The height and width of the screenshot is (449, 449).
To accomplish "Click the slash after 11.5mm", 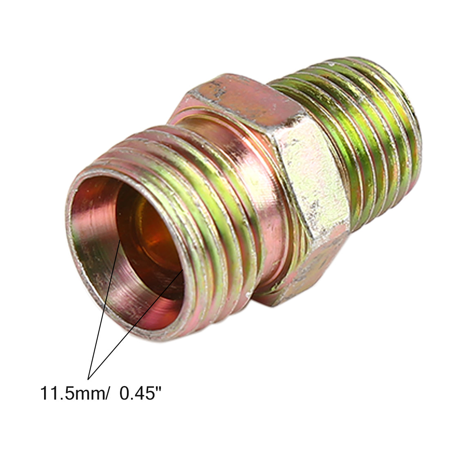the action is click(x=107, y=393).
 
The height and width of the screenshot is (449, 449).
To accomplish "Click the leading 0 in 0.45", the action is click(x=124, y=393).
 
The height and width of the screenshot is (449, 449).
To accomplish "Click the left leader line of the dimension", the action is click(x=104, y=309).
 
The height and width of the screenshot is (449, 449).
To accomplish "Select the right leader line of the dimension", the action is click(x=135, y=325).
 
